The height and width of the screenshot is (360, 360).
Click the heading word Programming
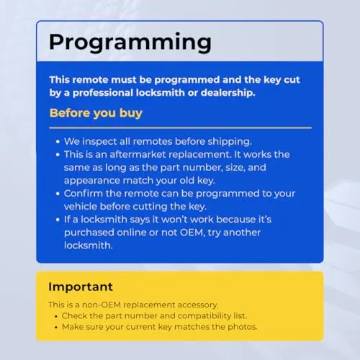point(130,42)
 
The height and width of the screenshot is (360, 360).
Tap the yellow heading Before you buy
point(96,113)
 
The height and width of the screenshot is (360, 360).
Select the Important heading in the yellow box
point(81,287)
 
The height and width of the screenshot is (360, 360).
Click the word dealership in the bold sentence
point(228,93)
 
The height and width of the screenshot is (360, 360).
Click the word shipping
point(230,142)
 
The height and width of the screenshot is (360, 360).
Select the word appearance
point(92,181)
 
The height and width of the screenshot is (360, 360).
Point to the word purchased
point(89,233)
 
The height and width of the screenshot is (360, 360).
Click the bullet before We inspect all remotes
point(58,142)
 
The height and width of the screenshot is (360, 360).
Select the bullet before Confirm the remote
point(58,194)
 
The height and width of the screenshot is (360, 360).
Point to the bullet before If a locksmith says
point(58,220)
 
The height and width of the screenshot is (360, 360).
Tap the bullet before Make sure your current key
point(56,328)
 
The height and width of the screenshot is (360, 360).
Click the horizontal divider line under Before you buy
point(181,128)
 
